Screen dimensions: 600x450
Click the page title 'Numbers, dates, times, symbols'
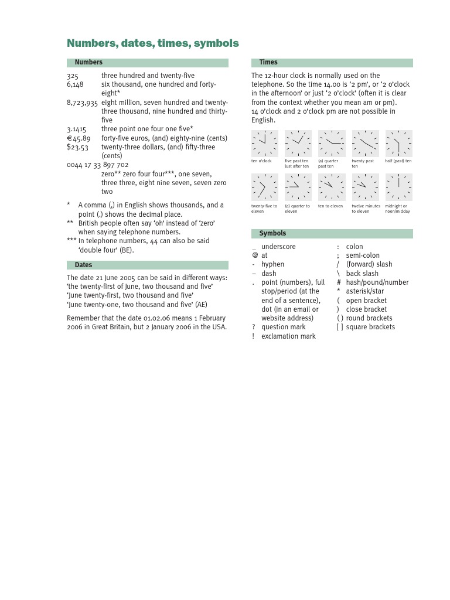pos(153,43)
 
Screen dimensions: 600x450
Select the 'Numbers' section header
pos(88,62)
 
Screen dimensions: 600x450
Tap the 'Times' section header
pos(268,62)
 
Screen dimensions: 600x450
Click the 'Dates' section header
pos(83,265)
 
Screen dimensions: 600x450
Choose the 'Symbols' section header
pos(272,234)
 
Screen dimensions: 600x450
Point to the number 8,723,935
pos(82,103)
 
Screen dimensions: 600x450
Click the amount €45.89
pos(79,138)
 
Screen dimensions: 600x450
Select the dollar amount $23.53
pos(77,148)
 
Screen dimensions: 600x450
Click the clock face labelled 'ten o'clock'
pos(265,144)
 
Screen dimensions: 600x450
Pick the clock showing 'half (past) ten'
pos(398,144)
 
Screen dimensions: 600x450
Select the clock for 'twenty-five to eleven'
pos(265,187)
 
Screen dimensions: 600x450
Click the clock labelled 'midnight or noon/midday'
pos(398,187)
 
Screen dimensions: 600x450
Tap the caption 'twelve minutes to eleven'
pos(366,209)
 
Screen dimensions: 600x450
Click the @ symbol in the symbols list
pos(255,255)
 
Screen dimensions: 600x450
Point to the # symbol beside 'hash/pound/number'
pos(339,282)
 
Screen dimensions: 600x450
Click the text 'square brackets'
pos(370,327)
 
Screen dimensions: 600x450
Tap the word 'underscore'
pos(278,247)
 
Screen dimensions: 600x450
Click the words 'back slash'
pos(362,274)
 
